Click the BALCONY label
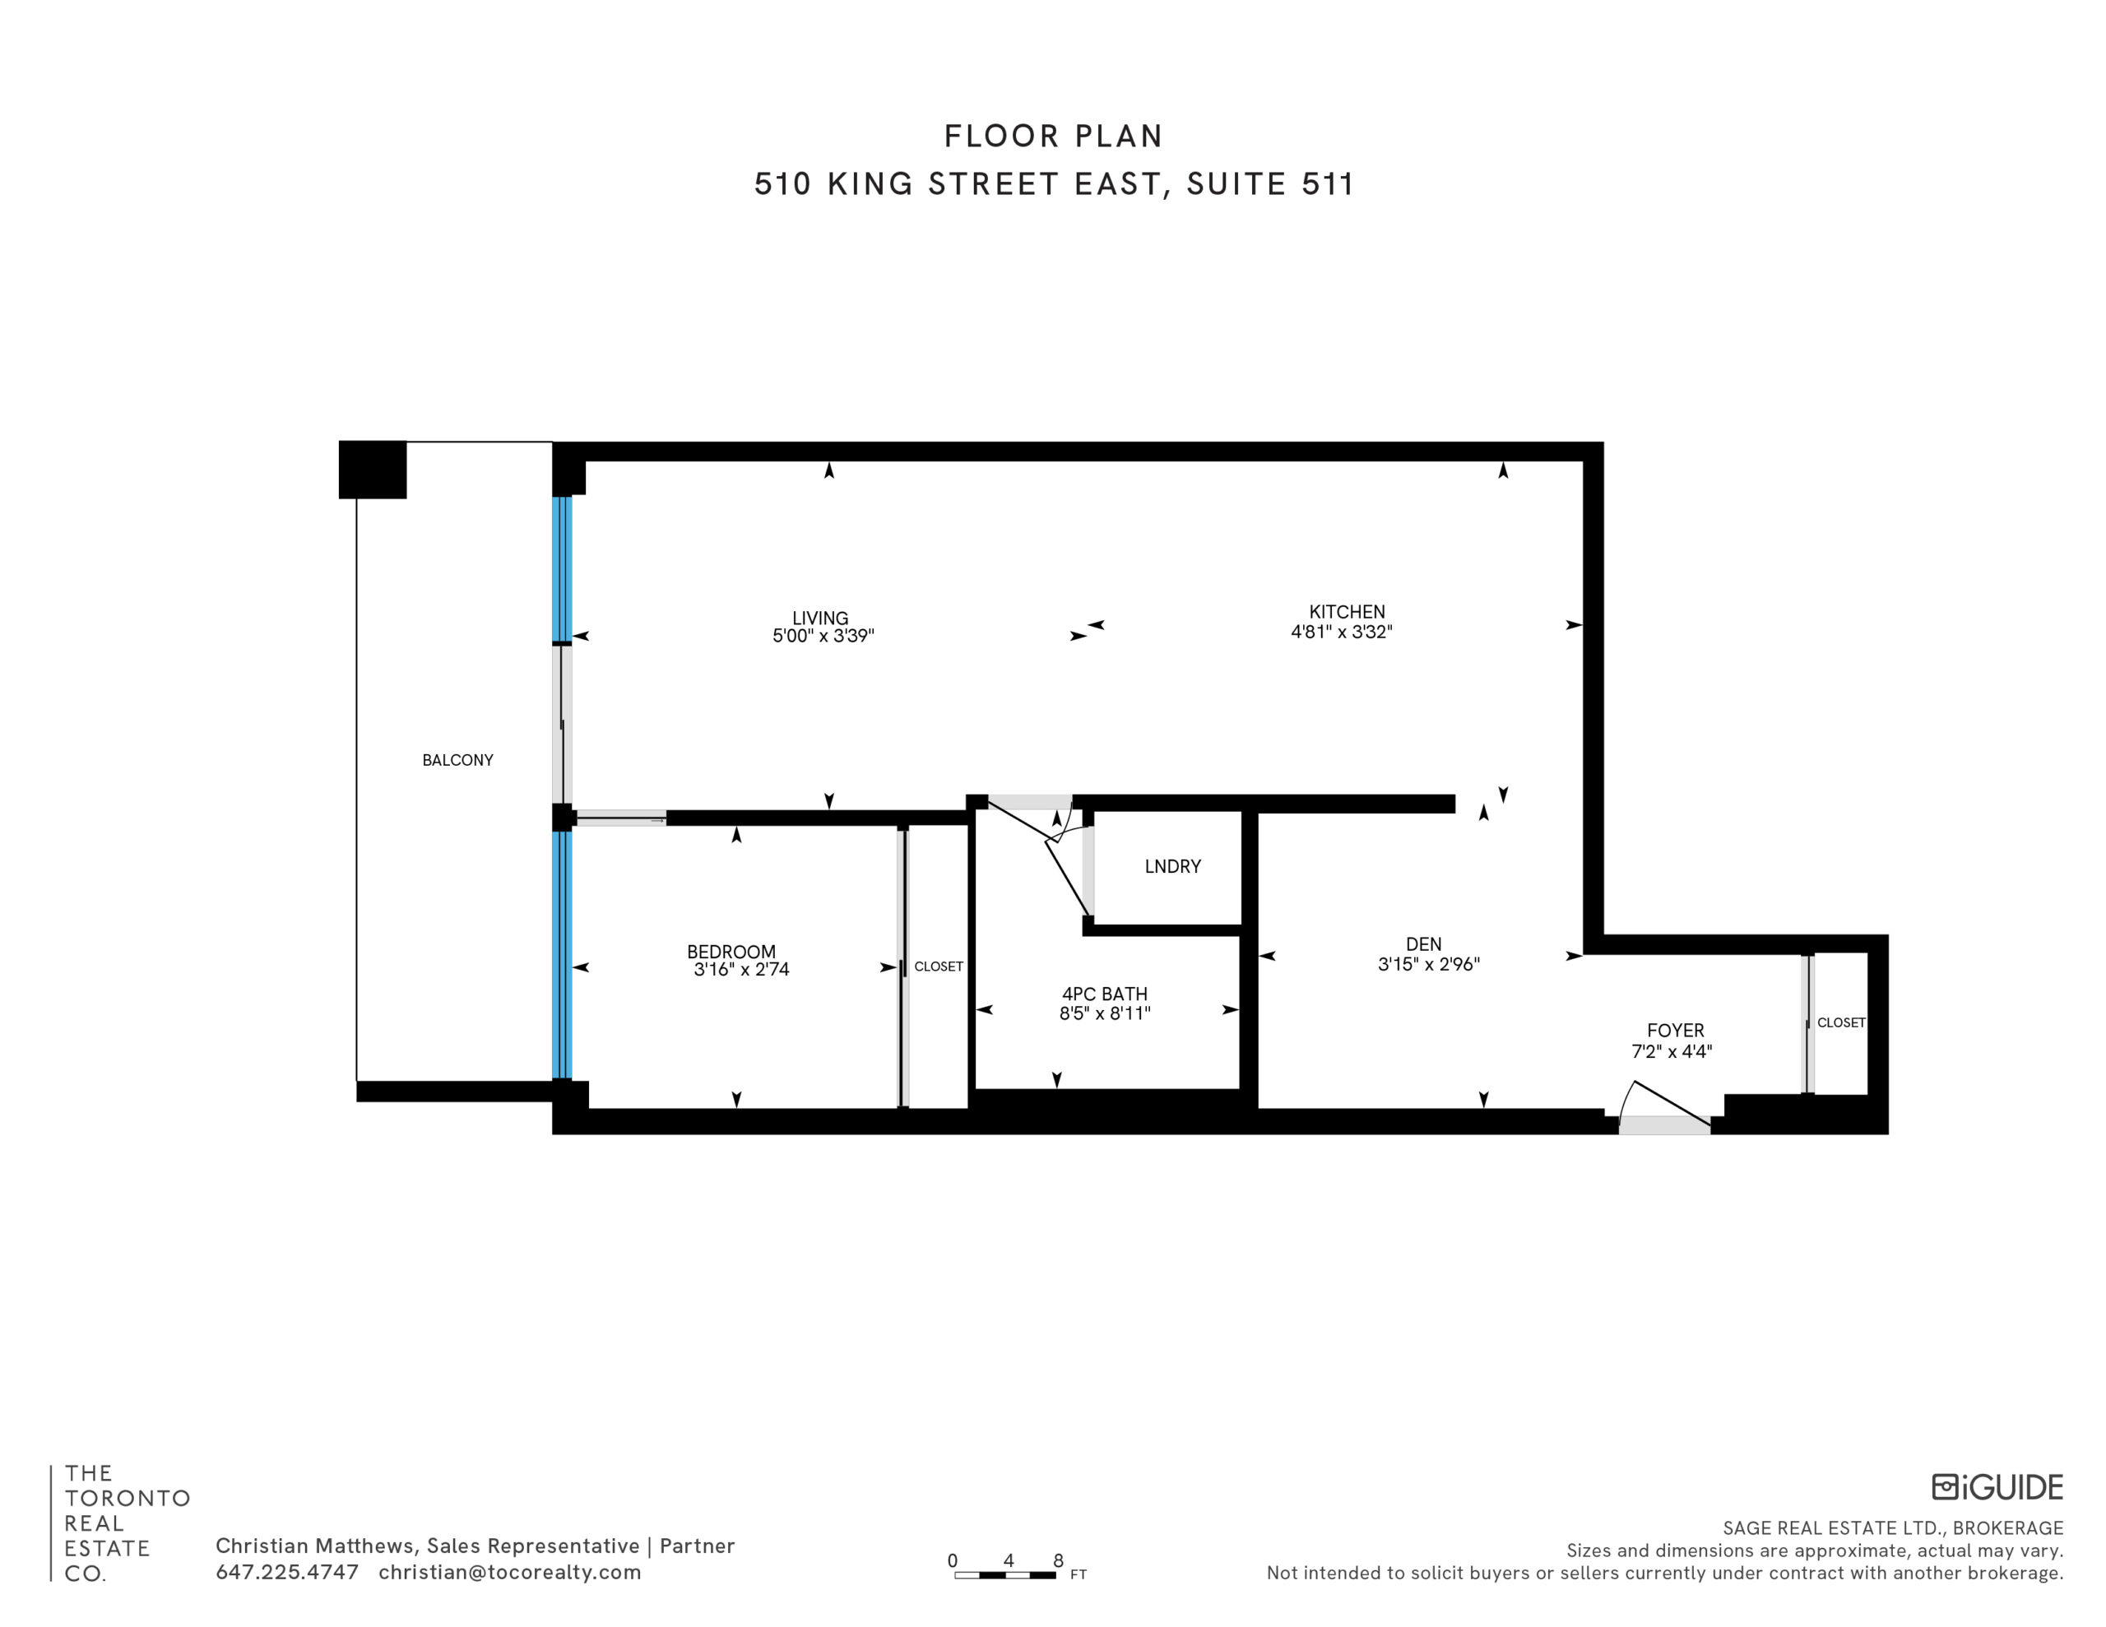click(457, 760)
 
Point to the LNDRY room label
click(1172, 866)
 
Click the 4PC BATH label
click(1104, 994)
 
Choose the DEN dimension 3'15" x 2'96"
click(1428, 963)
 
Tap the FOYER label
click(1675, 1030)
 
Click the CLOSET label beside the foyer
click(1841, 1022)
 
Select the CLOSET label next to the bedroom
click(939, 966)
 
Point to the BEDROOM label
click(731, 952)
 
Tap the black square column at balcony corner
click(372, 470)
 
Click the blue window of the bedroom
click(562, 955)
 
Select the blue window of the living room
click(562, 569)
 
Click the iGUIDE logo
click(1997, 1486)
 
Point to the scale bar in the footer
click(1004, 1575)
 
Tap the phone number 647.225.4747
click(286, 1572)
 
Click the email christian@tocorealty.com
click(509, 1572)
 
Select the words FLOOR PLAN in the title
click(1053, 136)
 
